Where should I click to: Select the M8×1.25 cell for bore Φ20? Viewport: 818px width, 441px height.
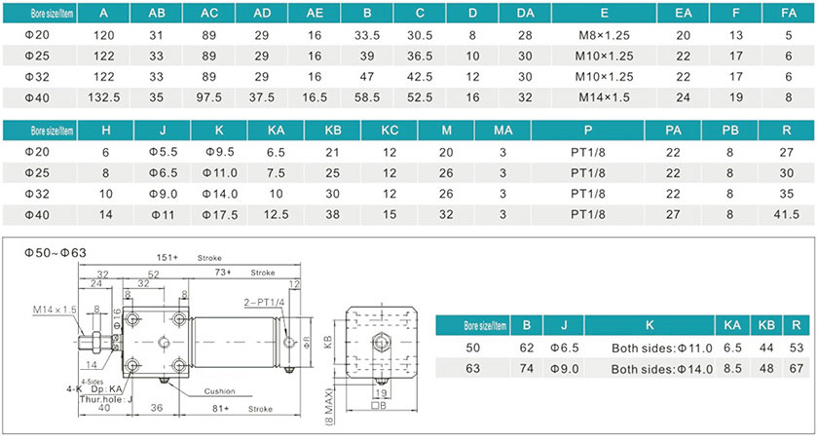(605, 35)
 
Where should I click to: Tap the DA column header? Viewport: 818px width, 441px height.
(526, 14)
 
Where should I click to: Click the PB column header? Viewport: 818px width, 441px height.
(730, 129)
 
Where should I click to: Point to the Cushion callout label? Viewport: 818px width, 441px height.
(219, 391)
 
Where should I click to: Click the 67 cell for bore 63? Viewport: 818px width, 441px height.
(798, 369)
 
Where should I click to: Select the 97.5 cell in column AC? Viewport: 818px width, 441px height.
(209, 97)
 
